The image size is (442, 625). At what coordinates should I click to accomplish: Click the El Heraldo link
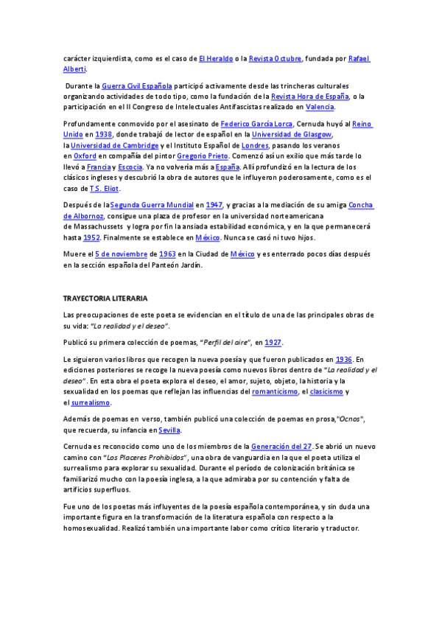coord(216,58)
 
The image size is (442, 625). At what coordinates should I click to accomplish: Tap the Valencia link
coord(320,106)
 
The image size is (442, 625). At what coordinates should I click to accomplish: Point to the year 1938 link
coord(103,135)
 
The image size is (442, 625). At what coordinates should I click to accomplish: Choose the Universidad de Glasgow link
coord(292,135)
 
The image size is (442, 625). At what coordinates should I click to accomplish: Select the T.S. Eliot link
coord(103,188)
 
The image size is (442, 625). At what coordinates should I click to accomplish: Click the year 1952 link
coord(91,237)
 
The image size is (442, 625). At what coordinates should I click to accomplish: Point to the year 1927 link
coord(273,343)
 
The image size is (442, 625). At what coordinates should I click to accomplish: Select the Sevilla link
coord(169,430)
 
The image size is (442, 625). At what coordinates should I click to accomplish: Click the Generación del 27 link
coord(281,447)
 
